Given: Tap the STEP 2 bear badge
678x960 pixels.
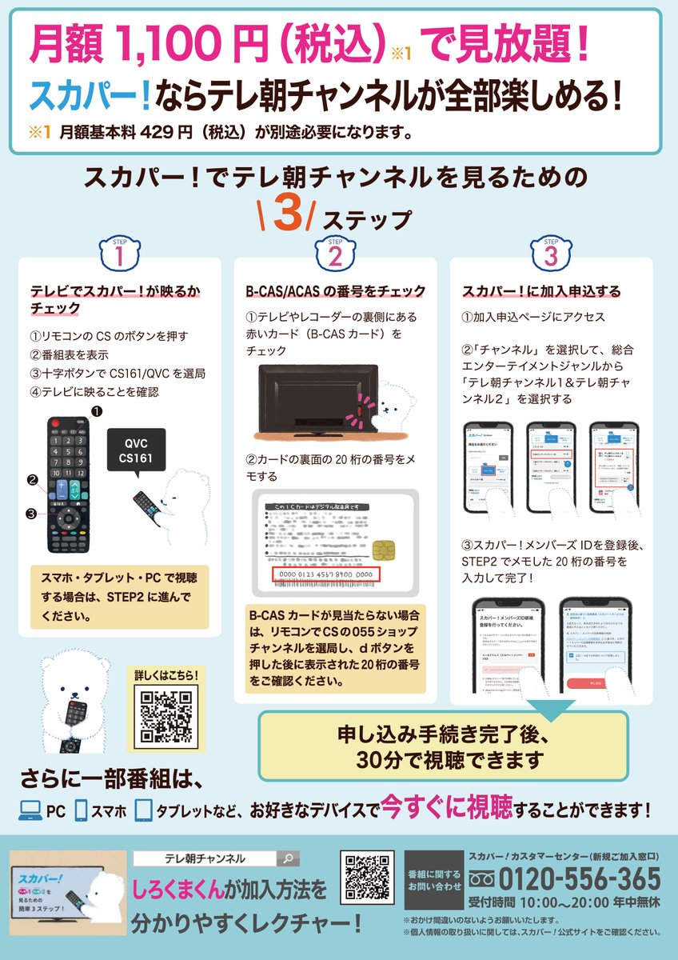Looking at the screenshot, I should click(336, 254).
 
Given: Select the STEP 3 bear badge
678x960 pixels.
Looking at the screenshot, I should click(551, 254).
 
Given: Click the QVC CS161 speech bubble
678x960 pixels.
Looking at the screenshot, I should click(138, 451).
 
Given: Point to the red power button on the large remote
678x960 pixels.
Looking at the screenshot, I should click(54, 422).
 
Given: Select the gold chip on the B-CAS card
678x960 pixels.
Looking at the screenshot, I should click(383, 551).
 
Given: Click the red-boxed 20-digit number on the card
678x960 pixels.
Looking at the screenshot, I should click(325, 575).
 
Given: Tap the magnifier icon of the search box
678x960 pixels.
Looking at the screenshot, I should click(288, 859).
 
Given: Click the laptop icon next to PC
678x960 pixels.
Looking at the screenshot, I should click(30, 810).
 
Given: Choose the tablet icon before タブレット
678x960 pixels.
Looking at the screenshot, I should click(143, 810).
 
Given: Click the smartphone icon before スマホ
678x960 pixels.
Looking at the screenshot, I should click(81, 810).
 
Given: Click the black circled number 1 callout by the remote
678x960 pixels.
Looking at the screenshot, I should click(97, 411).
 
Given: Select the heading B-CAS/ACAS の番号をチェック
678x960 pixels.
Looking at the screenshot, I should click(335, 291).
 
